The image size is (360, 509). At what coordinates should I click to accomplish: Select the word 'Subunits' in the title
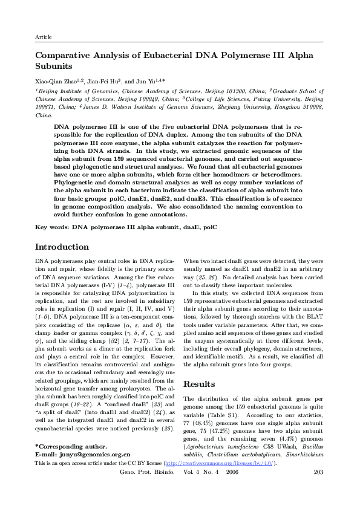[x=54, y=65]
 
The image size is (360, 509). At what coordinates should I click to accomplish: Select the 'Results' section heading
[x=199, y=367]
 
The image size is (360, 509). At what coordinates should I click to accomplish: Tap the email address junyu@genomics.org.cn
[x=97, y=470]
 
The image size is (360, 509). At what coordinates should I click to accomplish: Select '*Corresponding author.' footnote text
[x=71, y=462]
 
